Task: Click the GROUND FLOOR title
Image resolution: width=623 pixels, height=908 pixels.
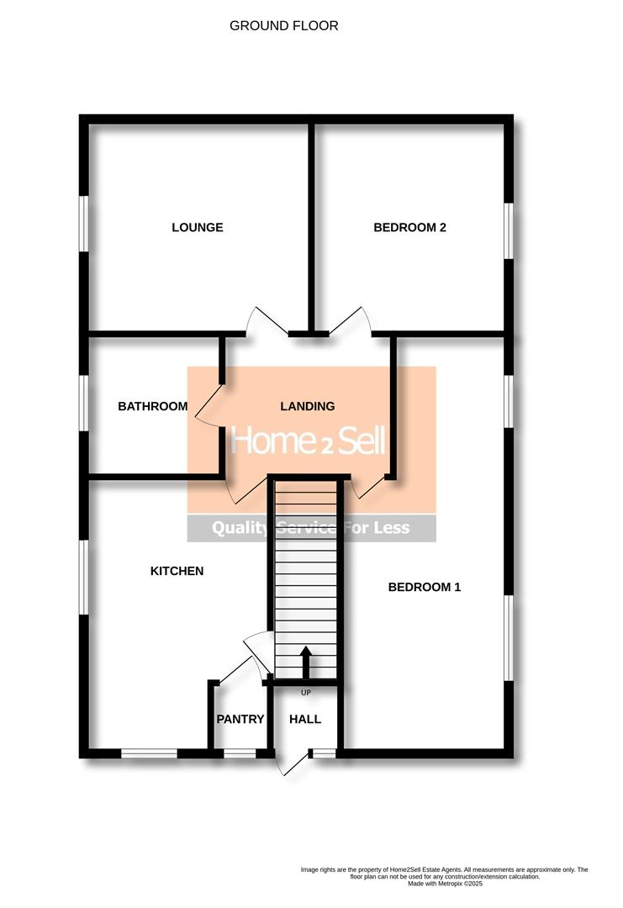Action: pyautogui.click(x=284, y=26)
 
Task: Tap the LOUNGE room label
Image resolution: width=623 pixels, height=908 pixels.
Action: pyautogui.click(x=198, y=227)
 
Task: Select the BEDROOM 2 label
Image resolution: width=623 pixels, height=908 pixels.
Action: pyautogui.click(x=409, y=227)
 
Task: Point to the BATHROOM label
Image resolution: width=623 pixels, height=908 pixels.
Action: pyautogui.click(x=153, y=406)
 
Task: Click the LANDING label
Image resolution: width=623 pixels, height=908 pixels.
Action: pyautogui.click(x=307, y=406)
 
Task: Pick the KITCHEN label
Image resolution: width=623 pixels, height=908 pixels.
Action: pyautogui.click(x=177, y=571)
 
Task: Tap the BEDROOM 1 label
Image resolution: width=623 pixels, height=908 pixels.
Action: pyautogui.click(x=425, y=587)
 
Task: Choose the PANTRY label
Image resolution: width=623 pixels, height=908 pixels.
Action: pyautogui.click(x=240, y=719)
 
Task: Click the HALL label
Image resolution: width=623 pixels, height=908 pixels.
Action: pyautogui.click(x=305, y=719)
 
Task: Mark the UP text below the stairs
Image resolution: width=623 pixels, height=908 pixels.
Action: pyautogui.click(x=305, y=693)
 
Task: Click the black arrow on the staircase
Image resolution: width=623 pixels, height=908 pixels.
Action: pyautogui.click(x=305, y=661)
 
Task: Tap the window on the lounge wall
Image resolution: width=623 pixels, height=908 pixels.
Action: pyautogui.click(x=84, y=224)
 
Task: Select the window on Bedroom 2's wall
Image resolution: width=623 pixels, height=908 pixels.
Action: pyautogui.click(x=509, y=230)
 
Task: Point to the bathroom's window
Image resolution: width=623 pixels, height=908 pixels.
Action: pyautogui.click(x=84, y=403)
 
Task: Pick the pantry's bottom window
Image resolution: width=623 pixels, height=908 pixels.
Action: pyautogui.click(x=240, y=753)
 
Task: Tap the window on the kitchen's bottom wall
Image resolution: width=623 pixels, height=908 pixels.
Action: pyautogui.click(x=149, y=753)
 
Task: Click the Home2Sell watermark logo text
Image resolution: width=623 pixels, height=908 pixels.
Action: pyautogui.click(x=308, y=441)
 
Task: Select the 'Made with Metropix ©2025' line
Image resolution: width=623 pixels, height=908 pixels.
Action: pyautogui.click(x=445, y=883)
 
